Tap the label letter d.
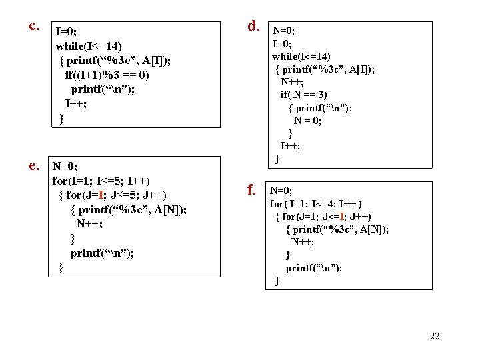point(253,26)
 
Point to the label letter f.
point(253,190)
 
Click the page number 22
point(435,336)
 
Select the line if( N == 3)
point(303,95)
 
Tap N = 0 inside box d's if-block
point(307,121)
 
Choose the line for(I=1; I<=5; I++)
point(101,181)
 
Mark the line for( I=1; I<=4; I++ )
point(316,204)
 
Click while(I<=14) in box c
point(88,46)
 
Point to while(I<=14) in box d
point(301,56)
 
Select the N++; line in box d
point(294,82)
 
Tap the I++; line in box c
point(76,105)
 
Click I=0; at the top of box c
point(67,31)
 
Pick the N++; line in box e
point(89,224)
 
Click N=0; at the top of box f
point(281,191)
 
